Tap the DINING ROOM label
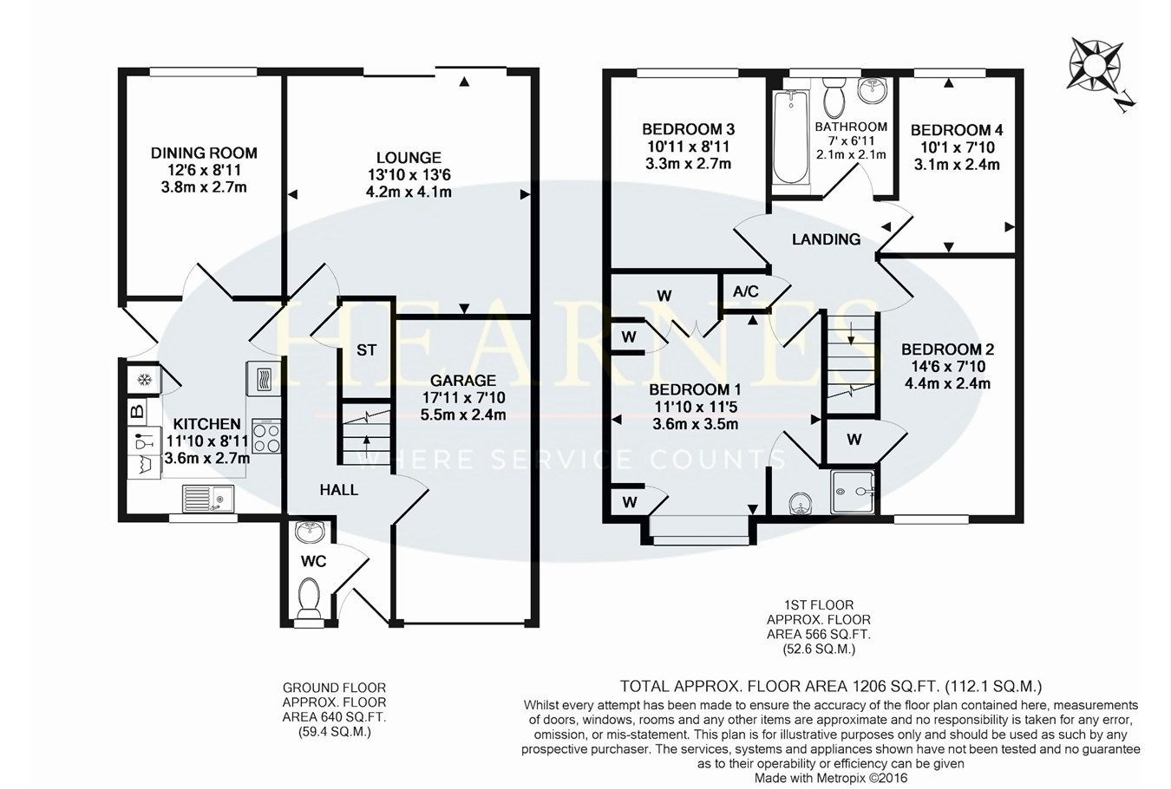pos(204,153)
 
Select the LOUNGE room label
pos(409,158)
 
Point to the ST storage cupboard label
pos(366,350)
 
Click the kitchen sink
pos(208,499)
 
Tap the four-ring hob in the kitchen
pos(265,435)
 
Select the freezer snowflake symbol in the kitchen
pos(143,380)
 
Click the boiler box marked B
pos(137,410)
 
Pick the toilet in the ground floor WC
pos(308,597)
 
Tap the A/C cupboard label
pos(745,291)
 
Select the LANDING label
pos(826,239)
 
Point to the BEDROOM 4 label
pos(957,130)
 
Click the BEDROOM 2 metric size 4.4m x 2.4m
pos(947,383)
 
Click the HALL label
pos(338,490)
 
